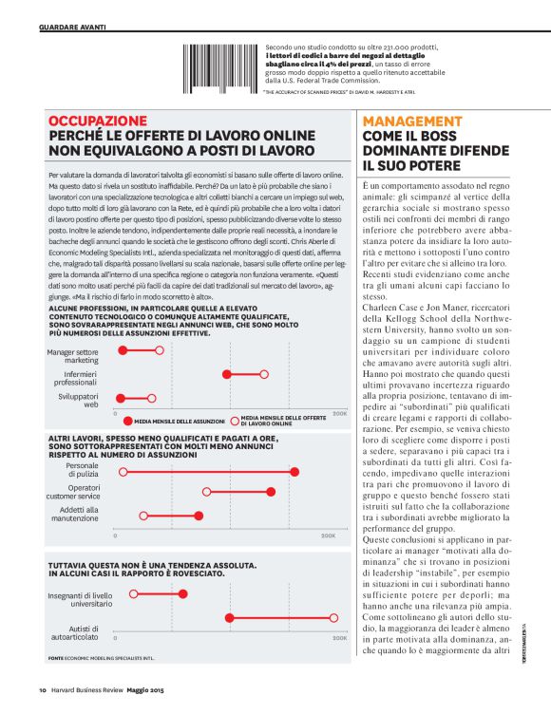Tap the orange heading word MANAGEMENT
click(411, 122)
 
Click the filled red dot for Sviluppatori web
click(122, 398)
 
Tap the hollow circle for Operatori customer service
click(206, 492)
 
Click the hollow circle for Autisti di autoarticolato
click(334, 617)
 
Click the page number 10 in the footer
click(43, 690)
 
